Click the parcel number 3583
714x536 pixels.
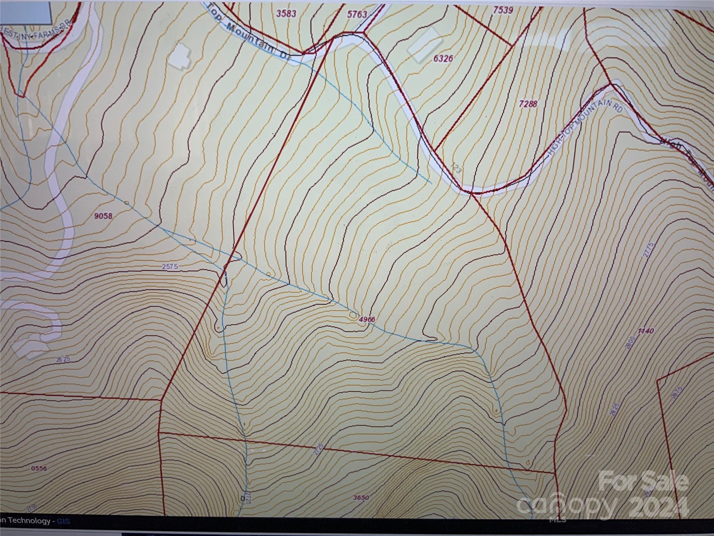[286, 14]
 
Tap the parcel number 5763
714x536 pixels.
[357, 14]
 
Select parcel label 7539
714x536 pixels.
[503, 10]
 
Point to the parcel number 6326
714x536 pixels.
[443, 58]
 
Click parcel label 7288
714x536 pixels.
[529, 104]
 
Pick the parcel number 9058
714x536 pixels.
[104, 216]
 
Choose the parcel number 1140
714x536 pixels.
[646, 331]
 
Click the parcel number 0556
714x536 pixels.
[39, 468]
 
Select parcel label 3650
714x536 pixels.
[360, 498]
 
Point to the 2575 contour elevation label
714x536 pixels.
[170, 266]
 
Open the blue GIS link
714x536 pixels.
[63, 521]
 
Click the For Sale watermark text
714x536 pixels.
[643, 481]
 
